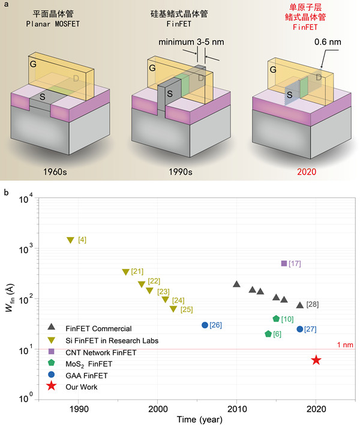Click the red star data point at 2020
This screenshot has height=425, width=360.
[x=316, y=360]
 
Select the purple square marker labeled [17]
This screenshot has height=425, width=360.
[x=284, y=264]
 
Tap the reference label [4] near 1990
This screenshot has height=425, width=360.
[x=83, y=240]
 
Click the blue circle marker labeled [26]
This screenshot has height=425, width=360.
[x=205, y=325]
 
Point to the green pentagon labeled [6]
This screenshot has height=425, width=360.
[x=268, y=334]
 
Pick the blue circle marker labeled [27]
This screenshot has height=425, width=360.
[x=299, y=329]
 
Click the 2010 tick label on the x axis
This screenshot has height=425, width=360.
[x=236, y=407]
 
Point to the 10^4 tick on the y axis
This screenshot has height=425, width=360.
[x=26, y=199]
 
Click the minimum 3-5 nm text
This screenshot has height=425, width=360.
[x=193, y=43]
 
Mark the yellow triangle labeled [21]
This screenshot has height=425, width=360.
[x=125, y=272]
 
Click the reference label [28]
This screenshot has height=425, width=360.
[x=312, y=304]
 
